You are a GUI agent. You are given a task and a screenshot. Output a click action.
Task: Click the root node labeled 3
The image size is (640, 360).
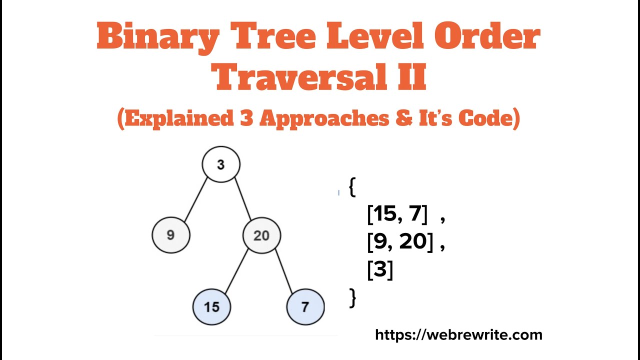click(221, 164)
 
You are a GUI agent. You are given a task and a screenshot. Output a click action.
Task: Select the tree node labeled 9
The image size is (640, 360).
click(171, 235)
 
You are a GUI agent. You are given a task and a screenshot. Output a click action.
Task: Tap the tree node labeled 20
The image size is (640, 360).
click(261, 235)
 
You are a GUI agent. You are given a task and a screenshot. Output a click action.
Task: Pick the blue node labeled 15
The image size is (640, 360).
click(212, 306)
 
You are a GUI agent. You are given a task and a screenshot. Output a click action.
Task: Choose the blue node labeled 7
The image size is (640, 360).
click(305, 306)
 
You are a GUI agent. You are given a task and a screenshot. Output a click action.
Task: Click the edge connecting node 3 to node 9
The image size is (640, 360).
click(196, 199)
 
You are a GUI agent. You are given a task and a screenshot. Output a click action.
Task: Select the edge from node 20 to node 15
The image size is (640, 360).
click(236, 271)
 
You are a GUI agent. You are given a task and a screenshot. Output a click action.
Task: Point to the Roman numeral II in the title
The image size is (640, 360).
click(411, 77)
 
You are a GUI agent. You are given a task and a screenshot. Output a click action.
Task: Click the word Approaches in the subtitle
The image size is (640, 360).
click(324, 118)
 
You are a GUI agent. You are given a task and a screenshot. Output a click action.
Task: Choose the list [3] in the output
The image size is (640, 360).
click(380, 270)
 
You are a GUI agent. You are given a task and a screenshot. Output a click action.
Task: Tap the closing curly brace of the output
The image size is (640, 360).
click(352, 297)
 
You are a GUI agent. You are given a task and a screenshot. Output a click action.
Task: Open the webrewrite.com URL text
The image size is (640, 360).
click(458, 334)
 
